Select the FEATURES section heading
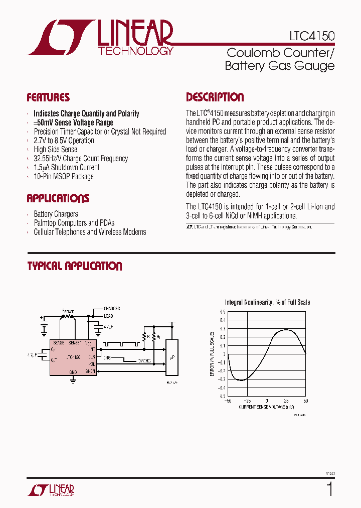(48, 97)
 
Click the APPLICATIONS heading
(58, 198)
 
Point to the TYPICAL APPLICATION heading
(75, 266)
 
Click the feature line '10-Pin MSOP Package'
(64, 176)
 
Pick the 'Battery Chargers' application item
(56, 214)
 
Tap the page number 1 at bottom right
(329, 488)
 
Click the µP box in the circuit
(171, 357)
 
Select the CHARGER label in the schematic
(112, 309)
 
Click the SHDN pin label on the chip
(90, 371)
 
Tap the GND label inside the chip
(73, 372)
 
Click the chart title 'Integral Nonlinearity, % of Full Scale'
(267, 302)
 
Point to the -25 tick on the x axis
(247, 401)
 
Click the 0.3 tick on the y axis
(223, 328)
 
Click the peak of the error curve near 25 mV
(286, 330)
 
